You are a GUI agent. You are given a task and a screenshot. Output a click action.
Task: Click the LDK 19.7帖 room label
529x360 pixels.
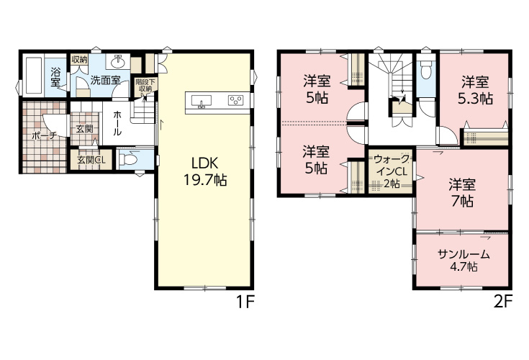(205, 172)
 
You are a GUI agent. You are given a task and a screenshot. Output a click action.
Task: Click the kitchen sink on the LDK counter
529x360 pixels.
(202, 101)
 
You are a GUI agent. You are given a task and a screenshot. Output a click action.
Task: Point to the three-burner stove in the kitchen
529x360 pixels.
(236, 100)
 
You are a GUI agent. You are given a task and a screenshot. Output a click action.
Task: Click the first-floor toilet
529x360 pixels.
(129, 158)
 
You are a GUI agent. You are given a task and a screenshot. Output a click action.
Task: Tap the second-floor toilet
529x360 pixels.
(426, 70)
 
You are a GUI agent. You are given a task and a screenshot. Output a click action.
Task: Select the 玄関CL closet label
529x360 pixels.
(91, 160)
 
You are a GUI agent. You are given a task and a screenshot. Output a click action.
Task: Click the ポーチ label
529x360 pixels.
(44, 136)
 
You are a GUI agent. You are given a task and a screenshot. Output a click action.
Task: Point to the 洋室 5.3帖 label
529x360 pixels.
(475, 90)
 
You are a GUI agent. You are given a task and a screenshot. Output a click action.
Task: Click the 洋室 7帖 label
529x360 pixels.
(462, 193)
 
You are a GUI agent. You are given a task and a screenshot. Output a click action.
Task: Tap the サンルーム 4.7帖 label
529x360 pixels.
(464, 260)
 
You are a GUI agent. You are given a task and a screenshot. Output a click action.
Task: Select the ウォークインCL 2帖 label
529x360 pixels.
(392, 171)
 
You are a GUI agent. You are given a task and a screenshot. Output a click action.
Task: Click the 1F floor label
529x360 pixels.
(245, 302)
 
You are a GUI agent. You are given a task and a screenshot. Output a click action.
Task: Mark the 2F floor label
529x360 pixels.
(503, 302)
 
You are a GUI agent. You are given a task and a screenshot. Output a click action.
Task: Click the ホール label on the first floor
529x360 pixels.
(117, 123)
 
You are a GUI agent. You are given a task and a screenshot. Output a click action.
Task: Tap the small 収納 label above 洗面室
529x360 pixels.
(80, 60)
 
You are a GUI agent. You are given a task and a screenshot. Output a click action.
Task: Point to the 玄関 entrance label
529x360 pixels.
(84, 129)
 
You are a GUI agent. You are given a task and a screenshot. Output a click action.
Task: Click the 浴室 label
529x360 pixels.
(55, 77)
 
